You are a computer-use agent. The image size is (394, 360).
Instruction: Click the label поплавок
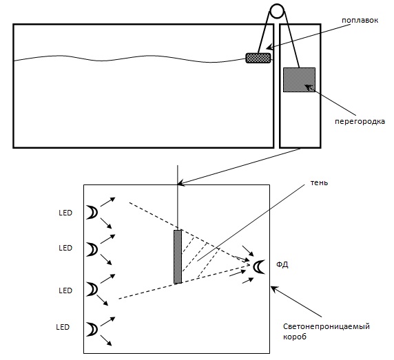tap(360, 21)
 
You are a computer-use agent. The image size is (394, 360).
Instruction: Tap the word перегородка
tap(360, 122)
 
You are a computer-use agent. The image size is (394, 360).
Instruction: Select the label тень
tap(319, 182)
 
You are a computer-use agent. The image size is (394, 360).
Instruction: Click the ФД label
tap(282, 265)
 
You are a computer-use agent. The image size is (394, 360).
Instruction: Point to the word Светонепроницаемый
tap(326, 326)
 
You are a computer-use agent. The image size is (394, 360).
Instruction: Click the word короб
tap(295, 337)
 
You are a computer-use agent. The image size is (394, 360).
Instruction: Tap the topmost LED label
tap(65, 213)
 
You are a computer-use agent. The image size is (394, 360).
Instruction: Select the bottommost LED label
tap(63, 327)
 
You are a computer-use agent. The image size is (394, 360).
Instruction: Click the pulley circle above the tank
tap(277, 11)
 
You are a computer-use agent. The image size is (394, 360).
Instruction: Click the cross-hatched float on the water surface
tap(258, 58)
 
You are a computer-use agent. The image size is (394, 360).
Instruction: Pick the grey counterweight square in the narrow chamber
tap(299, 80)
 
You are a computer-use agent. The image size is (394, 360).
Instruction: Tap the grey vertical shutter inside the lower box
tap(178, 257)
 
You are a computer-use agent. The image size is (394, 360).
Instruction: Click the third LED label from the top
tap(65, 290)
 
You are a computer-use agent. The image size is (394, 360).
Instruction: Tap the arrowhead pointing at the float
tap(269, 47)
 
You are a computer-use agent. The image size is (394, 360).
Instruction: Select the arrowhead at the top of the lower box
tap(180, 184)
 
